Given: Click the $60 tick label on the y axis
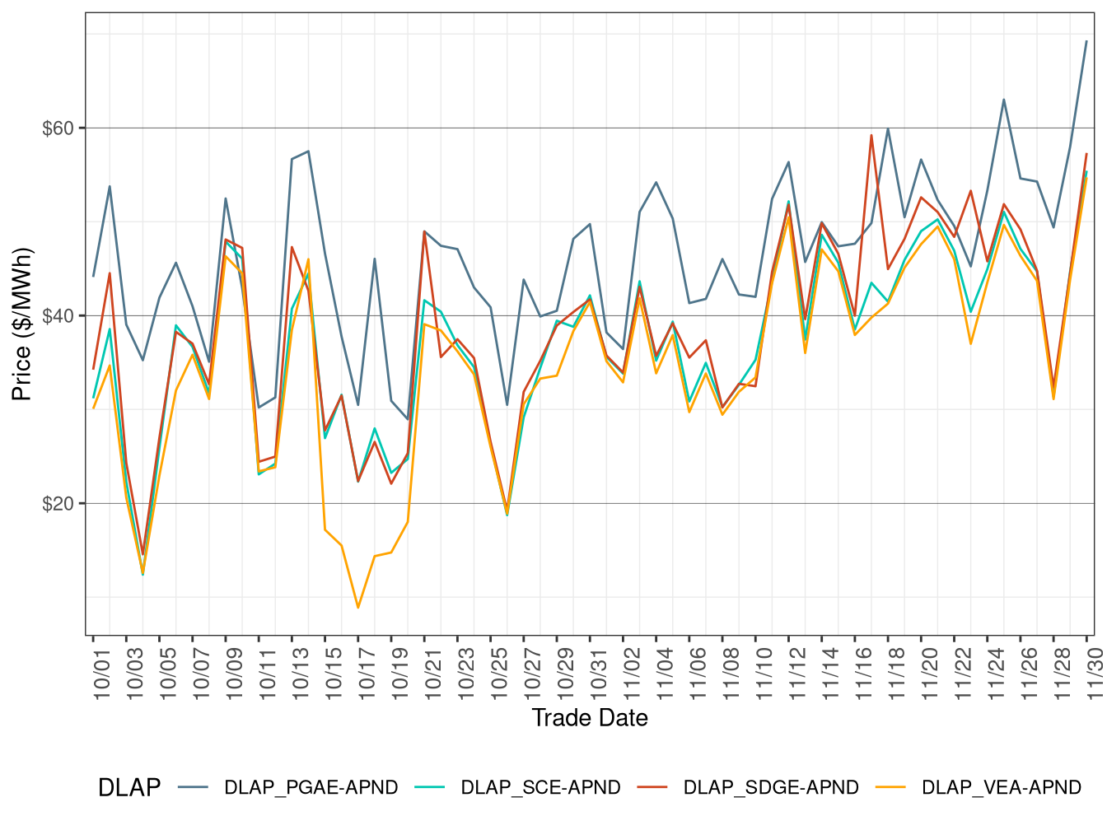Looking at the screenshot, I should coord(58,128).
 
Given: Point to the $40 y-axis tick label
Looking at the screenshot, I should coord(58,316).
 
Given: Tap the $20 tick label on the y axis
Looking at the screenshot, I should coord(58,504).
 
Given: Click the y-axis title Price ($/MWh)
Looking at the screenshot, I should coord(22,324).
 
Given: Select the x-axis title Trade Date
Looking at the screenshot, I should coord(590,718).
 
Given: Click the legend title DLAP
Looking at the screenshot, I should coord(129,788).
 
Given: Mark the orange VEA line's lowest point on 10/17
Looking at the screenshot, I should coord(358,608).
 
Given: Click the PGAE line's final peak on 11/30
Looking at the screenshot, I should coord(1086,41).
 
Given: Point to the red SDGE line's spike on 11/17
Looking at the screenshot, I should coord(871,135).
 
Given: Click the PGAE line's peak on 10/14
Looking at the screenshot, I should coord(308,151).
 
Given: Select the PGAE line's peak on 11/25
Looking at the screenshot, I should coord(1003,100).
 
